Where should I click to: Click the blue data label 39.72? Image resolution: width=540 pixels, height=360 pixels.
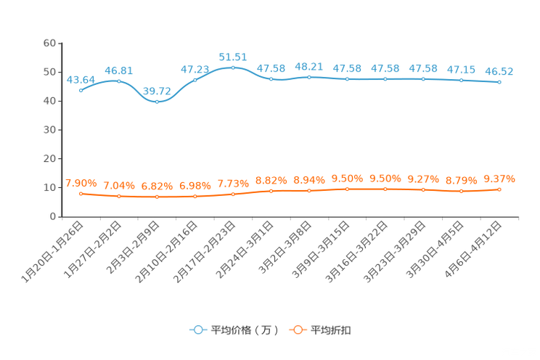(x=157, y=91)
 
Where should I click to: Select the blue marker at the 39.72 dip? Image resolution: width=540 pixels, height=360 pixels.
(x=157, y=102)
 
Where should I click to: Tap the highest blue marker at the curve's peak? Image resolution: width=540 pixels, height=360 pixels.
(x=233, y=67)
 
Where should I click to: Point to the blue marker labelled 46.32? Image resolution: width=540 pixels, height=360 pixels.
(x=499, y=82)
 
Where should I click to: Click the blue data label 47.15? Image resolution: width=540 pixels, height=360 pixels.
(x=461, y=70)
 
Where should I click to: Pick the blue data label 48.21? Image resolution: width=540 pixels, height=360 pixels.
(x=308, y=66)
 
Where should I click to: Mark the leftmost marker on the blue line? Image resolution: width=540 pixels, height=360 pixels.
(x=81, y=91)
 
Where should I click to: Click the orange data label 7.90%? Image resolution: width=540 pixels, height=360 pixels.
(x=81, y=183)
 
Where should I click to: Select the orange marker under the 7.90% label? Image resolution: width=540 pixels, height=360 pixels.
(x=81, y=194)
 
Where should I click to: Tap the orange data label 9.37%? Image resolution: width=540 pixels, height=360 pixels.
(x=499, y=179)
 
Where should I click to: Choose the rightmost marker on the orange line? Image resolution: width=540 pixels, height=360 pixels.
(x=499, y=189)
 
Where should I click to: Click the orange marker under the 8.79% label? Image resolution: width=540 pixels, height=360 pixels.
(x=461, y=192)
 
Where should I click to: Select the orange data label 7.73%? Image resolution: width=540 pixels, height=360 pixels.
(x=233, y=184)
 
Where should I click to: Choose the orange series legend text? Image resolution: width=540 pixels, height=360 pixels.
(x=331, y=330)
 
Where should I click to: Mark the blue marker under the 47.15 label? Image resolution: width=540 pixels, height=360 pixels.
(x=461, y=79)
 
